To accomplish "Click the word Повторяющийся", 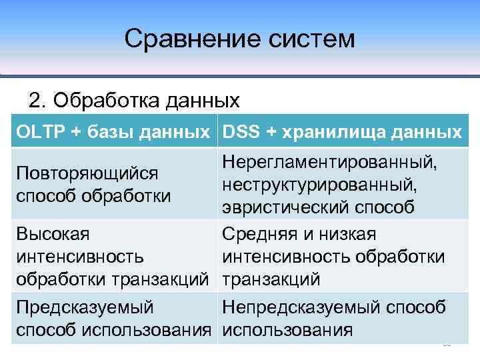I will (87, 173).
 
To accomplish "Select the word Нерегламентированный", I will (331, 161).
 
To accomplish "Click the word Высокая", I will (53, 234).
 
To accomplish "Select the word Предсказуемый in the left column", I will (85, 307).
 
